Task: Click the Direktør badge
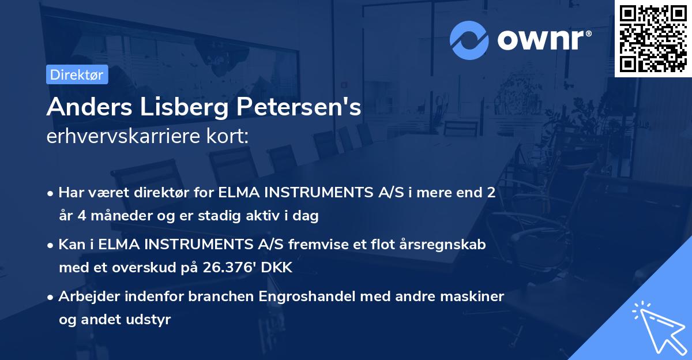pos(77,74)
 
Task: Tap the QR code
pos(653,39)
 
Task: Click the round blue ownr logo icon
pos(469,40)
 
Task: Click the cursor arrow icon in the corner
pos(657,326)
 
